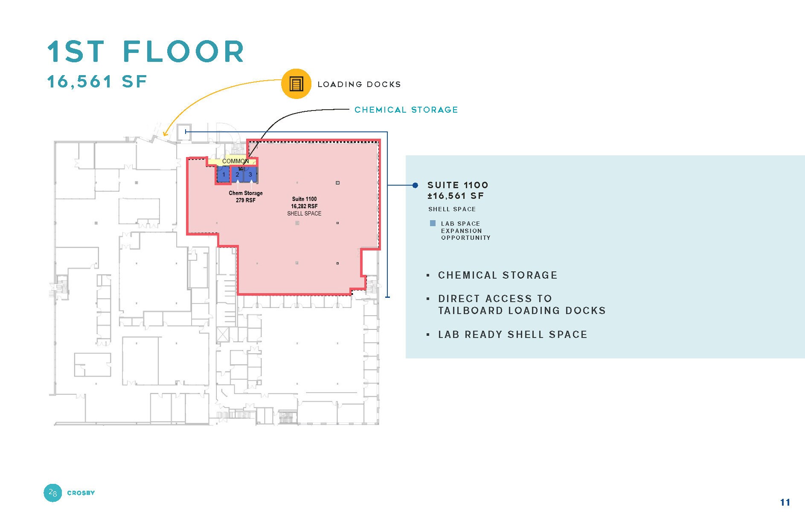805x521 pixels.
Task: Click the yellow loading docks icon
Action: [296, 84]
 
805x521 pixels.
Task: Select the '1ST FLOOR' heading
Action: [146, 52]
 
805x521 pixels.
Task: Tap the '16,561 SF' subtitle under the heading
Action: [97, 81]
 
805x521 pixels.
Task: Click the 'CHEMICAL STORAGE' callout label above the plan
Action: [406, 110]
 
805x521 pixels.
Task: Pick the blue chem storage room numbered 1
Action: [224, 175]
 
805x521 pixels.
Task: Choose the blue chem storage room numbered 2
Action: [237, 175]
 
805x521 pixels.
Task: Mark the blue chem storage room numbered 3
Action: [250, 175]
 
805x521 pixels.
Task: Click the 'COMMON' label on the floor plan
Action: [235, 161]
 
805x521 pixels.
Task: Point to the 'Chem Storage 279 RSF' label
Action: [246, 197]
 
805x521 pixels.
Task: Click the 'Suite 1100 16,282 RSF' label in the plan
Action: [304, 203]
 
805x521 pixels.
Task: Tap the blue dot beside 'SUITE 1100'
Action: [415, 185]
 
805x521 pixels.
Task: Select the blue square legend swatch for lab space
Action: [433, 223]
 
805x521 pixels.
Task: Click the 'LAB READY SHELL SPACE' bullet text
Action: [513, 335]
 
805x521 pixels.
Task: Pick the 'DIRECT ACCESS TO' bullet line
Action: [495, 298]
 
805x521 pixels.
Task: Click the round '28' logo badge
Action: [53, 493]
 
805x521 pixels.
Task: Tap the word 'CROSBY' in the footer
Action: [81, 493]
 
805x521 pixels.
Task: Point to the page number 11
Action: [785, 502]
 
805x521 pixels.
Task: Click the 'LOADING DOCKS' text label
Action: [359, 84]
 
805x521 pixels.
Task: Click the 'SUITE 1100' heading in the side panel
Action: [458, 185]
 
